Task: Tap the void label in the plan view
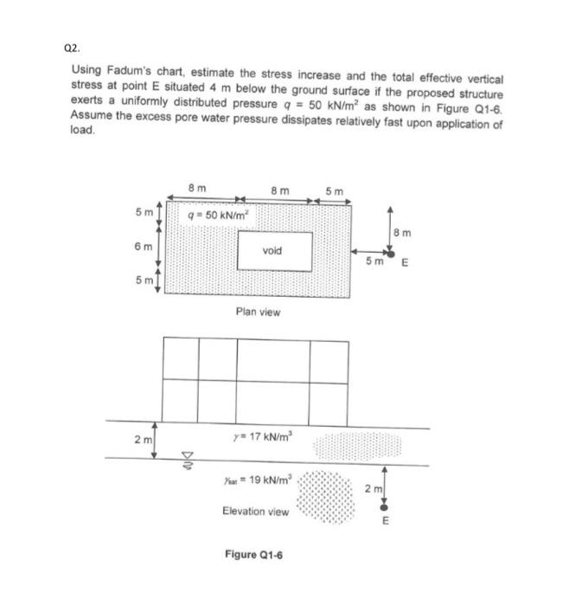click(x=271, y=250)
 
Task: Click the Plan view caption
click(x=258, y=312)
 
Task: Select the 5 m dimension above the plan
click(x=334, y=191)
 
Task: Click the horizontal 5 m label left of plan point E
click(x=373, y=260)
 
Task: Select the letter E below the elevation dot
click(x=386, y=521)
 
